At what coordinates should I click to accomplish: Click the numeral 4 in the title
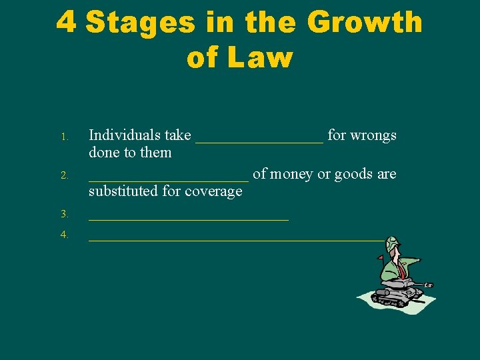[x=66, y=23]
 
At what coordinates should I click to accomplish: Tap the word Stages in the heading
[x=141, y=23]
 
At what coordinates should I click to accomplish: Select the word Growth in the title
[x=365, y=23]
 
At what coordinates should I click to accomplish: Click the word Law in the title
[x=260, y=59]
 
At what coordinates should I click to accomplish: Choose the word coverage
[x=211, y=191]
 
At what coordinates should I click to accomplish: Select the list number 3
[x=65, y=215]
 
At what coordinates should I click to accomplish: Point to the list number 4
[x=65, y=235]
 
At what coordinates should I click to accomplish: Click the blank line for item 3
[x=189, y=218]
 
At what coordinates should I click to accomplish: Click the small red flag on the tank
[x=381, y=257]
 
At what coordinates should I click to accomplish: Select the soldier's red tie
[x=403, y=269]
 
